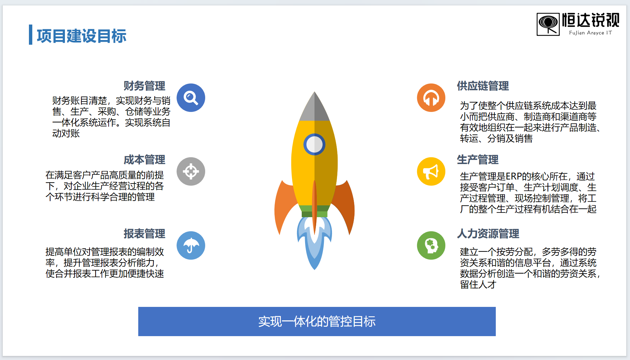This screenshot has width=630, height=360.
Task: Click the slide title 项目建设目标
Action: click(x=81, y=36)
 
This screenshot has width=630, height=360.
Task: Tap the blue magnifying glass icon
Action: click(x=191, y=98)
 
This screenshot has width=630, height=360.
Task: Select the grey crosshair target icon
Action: click(x=191, y=171)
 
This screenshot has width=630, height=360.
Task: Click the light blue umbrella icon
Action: click(x=191, y=245)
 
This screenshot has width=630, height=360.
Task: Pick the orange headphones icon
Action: click(x=431, y=98)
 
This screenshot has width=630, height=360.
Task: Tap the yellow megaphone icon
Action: click(x=431, y=171)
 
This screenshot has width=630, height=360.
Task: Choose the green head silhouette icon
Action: click(x=431, y=245)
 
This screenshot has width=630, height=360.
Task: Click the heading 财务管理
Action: click(x=144, y=86)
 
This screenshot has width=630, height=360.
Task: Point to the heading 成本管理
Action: click(x=144, y=160)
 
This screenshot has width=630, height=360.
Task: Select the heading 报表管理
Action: click(x=144, y=234)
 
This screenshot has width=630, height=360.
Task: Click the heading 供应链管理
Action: click(x=483, y=86)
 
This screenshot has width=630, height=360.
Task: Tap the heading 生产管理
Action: click(x=478, y=160)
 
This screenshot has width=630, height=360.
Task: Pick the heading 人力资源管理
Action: click(x=488, y=234)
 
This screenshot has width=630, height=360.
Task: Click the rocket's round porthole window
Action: click(x=314, y=145)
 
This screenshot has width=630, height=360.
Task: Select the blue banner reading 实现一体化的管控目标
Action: click(x=317, y=321)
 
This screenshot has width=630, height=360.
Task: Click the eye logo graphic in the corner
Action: click(x=548, y=24)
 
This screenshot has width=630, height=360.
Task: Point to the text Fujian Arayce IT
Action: click(x=590, y=33)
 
